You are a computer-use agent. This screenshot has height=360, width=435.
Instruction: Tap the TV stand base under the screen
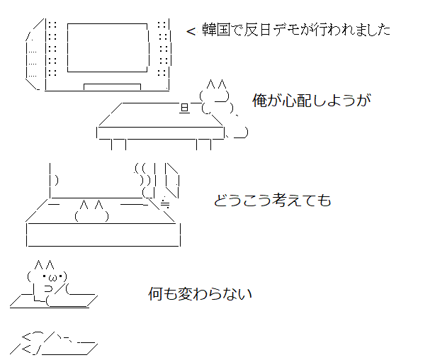(x=113, y=87)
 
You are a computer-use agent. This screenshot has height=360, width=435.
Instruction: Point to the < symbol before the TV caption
(x=191, y=31)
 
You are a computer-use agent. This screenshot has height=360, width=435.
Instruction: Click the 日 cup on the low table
(x=185, y=108)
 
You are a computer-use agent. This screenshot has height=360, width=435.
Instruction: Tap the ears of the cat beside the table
(x=216, y=84)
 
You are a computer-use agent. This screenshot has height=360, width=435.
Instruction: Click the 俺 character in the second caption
(x=259, y=101)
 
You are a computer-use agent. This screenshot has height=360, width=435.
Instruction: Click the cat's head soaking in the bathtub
(x=91, y=211)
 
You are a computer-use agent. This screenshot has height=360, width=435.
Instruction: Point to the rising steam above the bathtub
(x=145, y=181)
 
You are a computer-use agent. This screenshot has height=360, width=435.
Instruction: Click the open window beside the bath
(x=172, y=181)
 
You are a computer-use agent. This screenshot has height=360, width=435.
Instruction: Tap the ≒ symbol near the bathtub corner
(x=165, y=203)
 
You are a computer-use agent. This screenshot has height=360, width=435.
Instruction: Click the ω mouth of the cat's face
(x=53, y=277)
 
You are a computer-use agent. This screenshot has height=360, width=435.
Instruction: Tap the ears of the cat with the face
(x=44, y=265)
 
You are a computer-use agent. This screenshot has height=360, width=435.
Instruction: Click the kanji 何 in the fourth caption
(x=155, y=293)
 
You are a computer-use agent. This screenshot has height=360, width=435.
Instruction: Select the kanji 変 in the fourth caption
(x=184, y=293)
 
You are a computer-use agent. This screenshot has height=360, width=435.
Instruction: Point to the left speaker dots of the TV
(x=52, y=48)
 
